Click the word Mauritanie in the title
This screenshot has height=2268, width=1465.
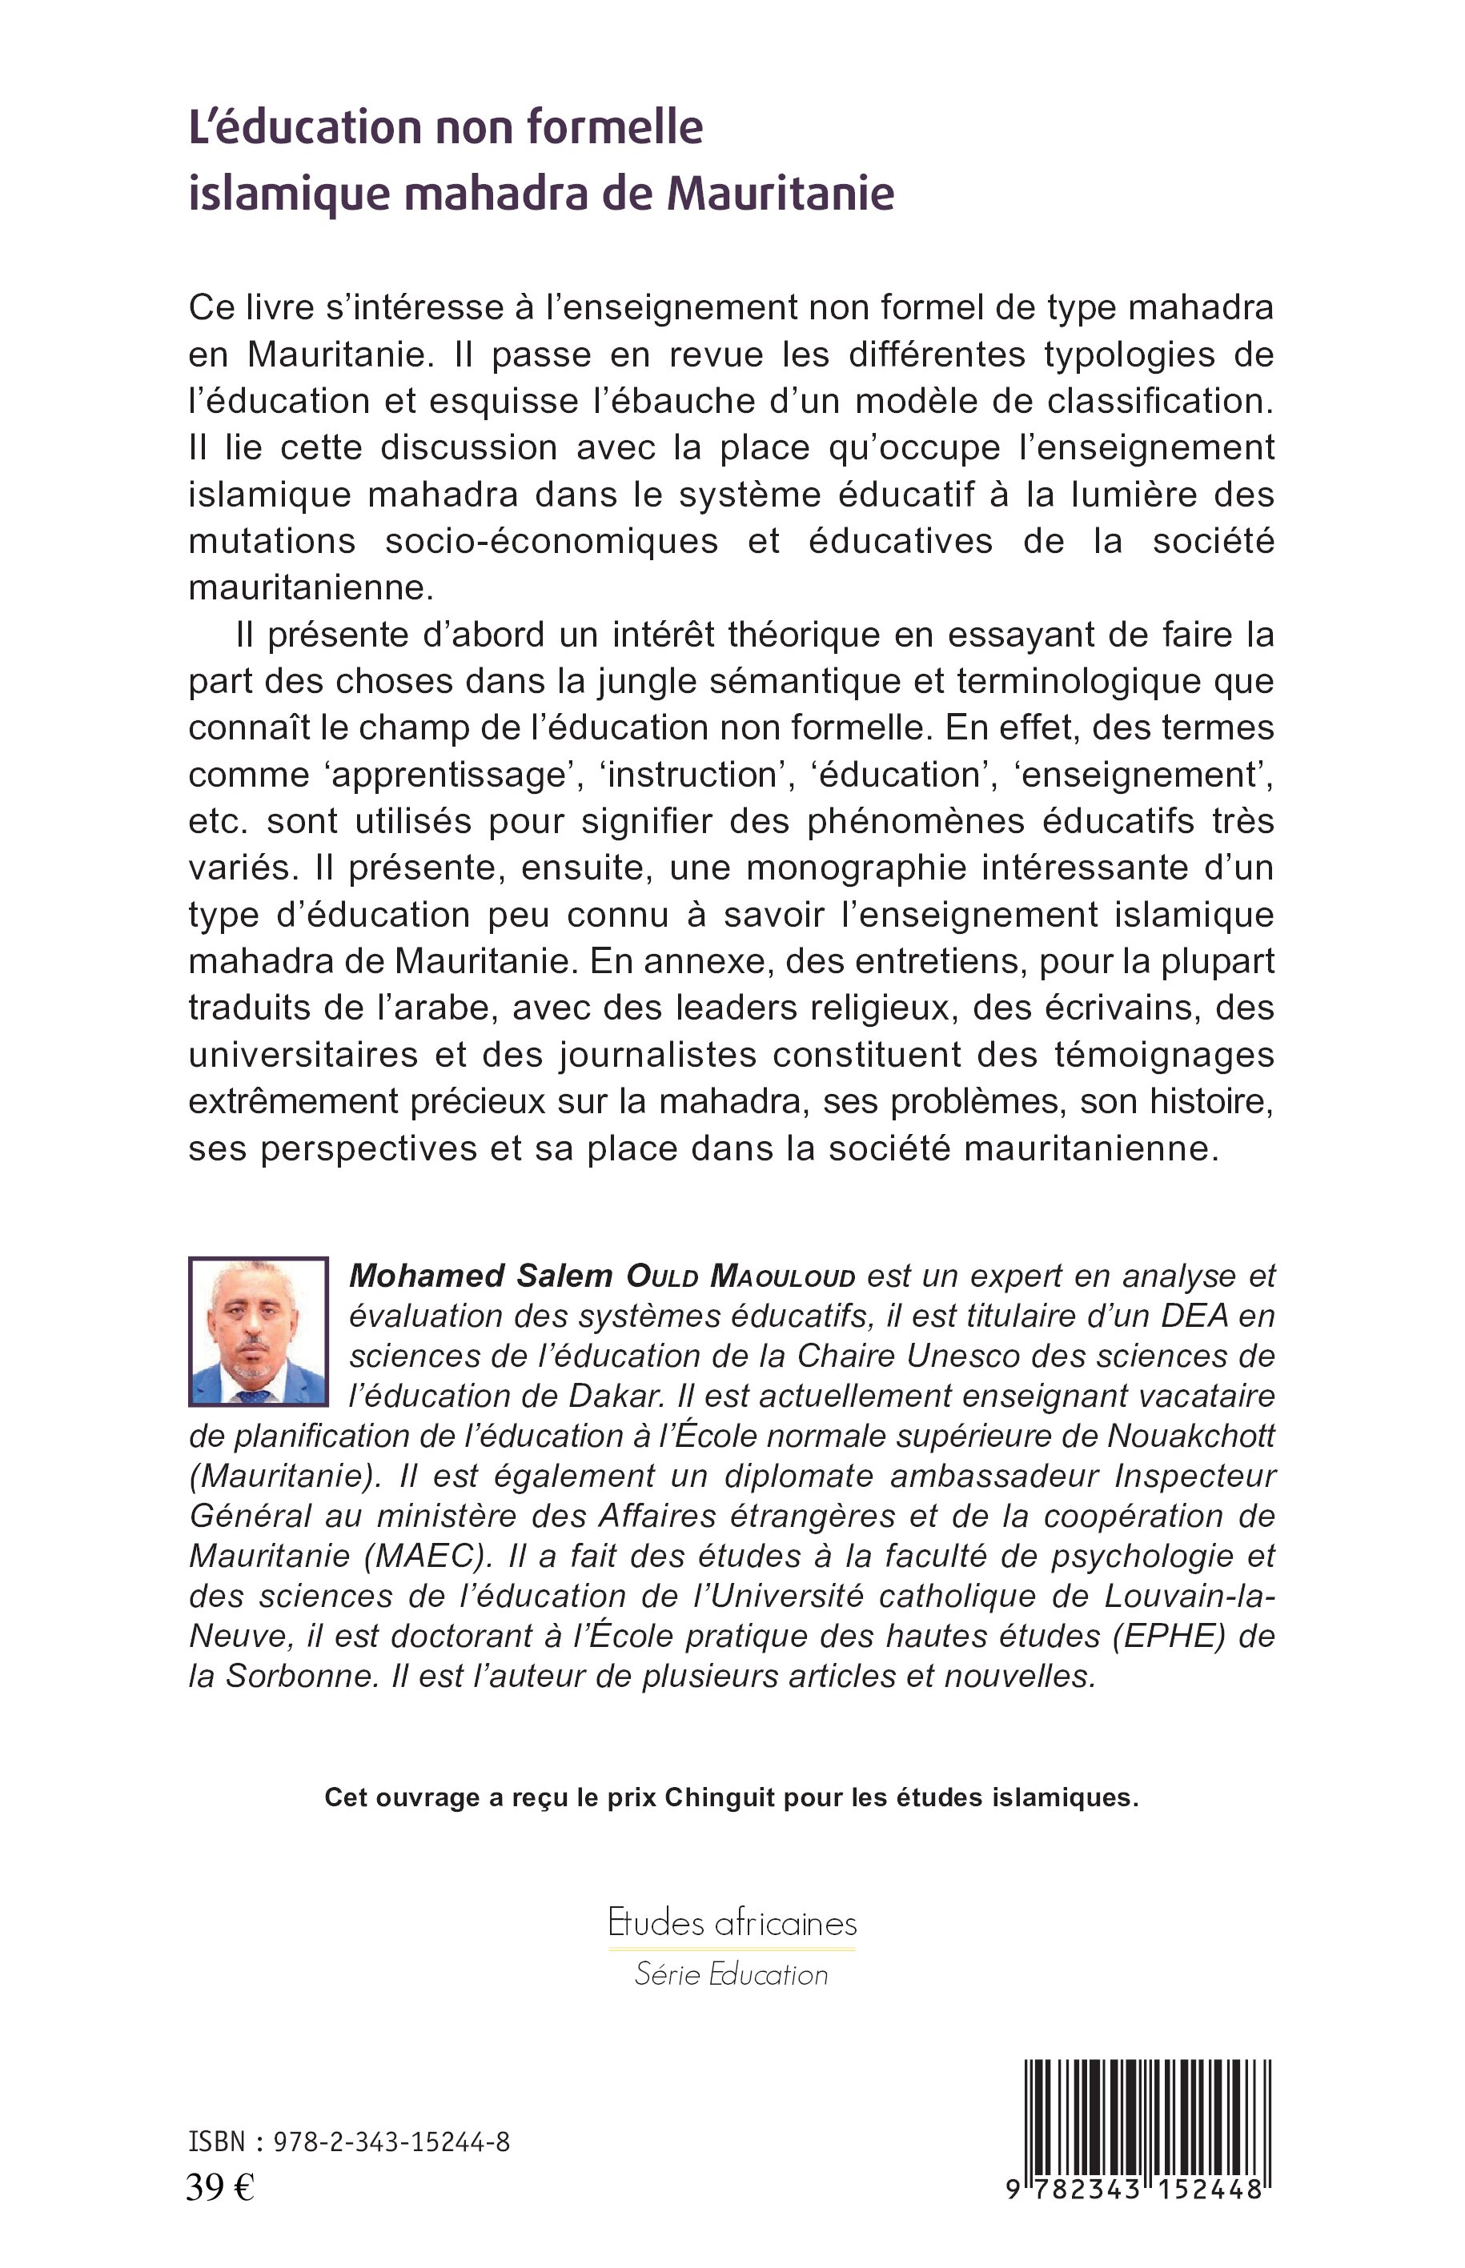780,192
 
